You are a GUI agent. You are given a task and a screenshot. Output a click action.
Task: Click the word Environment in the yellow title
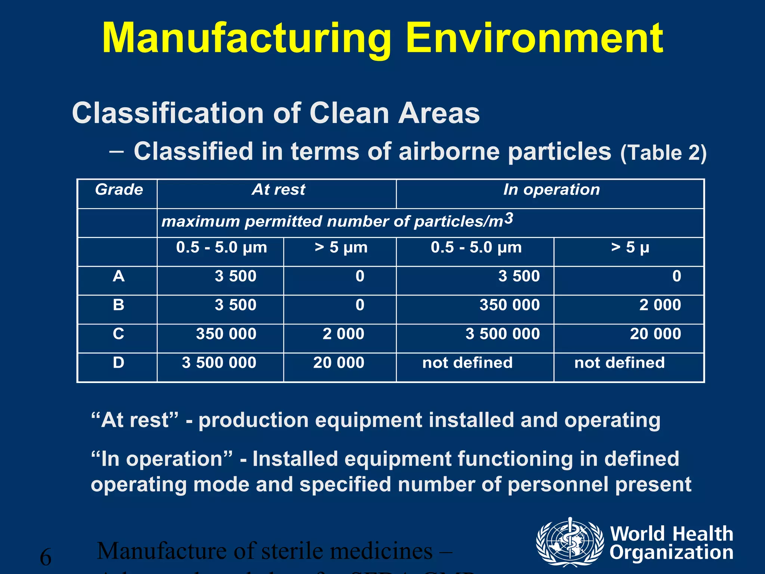(x=534, y=38)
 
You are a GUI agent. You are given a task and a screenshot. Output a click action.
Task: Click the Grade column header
(x=119, y=190)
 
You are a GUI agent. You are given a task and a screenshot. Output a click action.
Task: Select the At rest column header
(x=279, y=190)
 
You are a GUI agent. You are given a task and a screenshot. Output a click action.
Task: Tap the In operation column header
(x=551, y=190)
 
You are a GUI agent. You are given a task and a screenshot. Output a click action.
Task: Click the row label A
(x=118, y=276)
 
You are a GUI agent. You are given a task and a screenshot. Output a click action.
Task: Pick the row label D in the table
(x=118, y=362)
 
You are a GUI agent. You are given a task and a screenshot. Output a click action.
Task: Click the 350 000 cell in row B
(x=510, y=305)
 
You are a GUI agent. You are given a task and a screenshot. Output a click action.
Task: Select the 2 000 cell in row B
(x=660, y=305)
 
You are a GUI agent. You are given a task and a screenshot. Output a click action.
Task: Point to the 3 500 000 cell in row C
(x=502, y=334)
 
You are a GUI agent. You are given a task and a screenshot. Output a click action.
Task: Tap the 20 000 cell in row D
(x=338, y=362)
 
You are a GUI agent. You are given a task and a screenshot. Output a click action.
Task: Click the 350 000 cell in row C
(x=226, y=334)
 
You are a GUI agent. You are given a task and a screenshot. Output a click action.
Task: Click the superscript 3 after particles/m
(x=509, y=218)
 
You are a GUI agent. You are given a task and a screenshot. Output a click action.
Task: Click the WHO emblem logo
(x=570, y=542)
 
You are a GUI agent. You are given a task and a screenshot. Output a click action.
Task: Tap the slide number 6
(x=46, y=557)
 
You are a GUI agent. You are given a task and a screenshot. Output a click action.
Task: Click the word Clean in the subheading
(x=349, y=113)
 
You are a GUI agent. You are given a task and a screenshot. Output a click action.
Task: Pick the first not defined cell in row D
(x=467, y=362)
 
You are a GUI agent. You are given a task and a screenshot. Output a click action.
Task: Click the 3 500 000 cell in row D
(x=219, y=362)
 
